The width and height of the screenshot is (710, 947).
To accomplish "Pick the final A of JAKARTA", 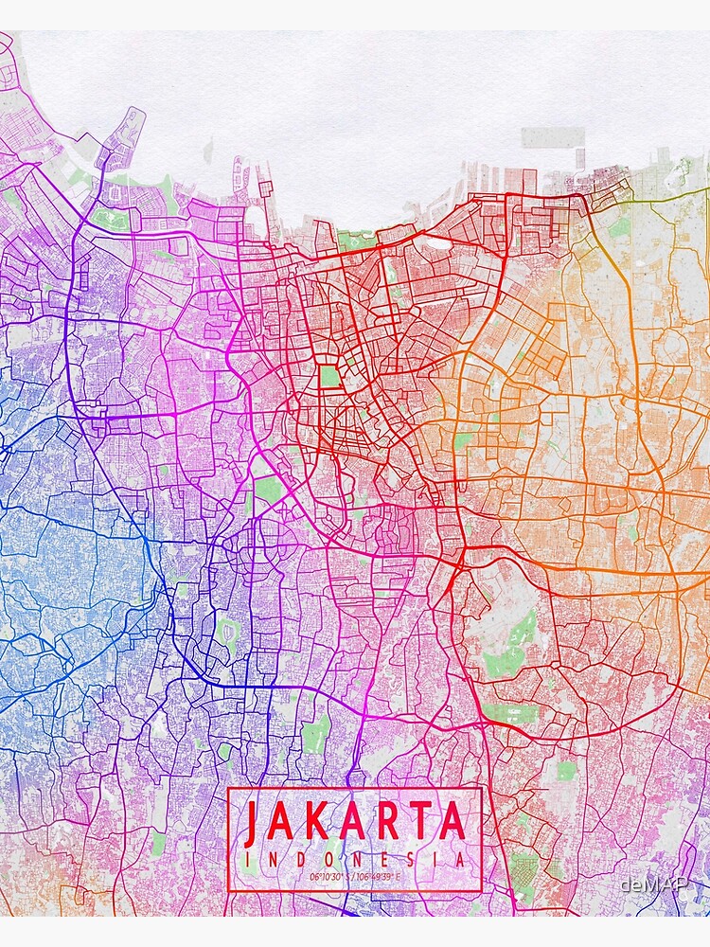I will click(453, 824).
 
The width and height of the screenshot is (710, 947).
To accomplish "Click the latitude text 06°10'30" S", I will click(329, 876).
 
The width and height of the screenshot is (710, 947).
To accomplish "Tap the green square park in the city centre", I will click(329, 376).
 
